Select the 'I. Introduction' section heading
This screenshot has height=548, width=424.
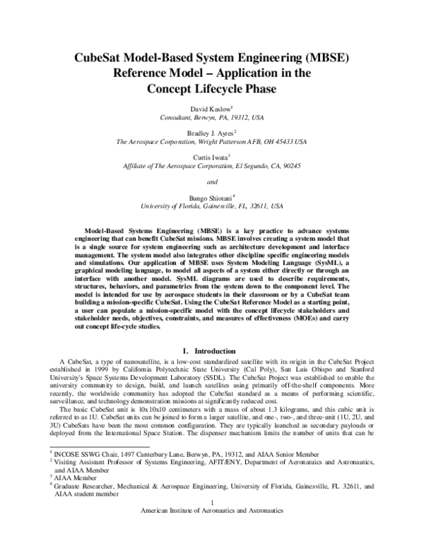pyautogui.click(x=211, y=350)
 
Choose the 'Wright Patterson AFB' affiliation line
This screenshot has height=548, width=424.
pyautogui.click(x=211, y=142)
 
